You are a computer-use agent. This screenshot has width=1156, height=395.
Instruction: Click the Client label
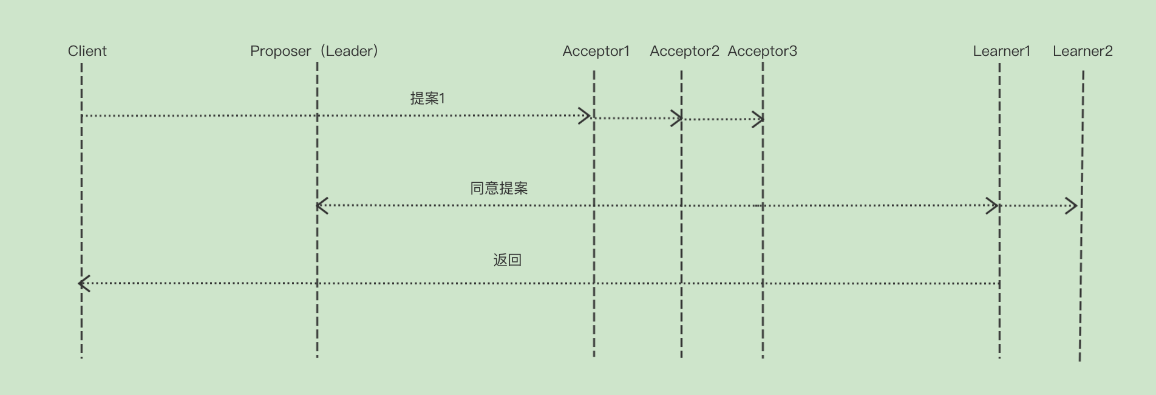[x=87, y=51]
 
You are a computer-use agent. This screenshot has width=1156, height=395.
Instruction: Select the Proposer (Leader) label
[x=314, y=51]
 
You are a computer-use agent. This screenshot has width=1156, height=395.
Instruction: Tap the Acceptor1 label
[x=596, y=51]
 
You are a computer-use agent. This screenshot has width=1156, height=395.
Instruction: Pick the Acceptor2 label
[x=684, y=51]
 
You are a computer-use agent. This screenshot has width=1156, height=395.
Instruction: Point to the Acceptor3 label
[x=762, y=51]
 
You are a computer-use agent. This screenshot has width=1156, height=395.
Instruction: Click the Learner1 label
[x=1001, y=51]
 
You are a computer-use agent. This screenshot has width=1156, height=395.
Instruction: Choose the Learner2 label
[x=1083, y=51]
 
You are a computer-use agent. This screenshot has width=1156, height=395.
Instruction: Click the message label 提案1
[x=427, y=98]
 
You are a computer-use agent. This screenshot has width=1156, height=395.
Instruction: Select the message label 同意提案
[x=498, y=188]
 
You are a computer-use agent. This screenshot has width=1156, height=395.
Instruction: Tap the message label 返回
[x=507, y=260]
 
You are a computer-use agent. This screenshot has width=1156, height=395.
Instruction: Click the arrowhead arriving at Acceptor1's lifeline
[x=585, y=115]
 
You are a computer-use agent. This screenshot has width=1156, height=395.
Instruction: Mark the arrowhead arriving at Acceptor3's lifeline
[x=758, y=119]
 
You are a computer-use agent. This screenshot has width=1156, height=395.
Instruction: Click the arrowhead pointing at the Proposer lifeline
[x=322, y=205]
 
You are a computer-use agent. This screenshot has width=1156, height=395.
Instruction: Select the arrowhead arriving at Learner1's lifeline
[x=993, y=205]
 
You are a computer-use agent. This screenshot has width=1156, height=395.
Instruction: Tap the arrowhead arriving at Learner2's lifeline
[x=1072, y=206]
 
